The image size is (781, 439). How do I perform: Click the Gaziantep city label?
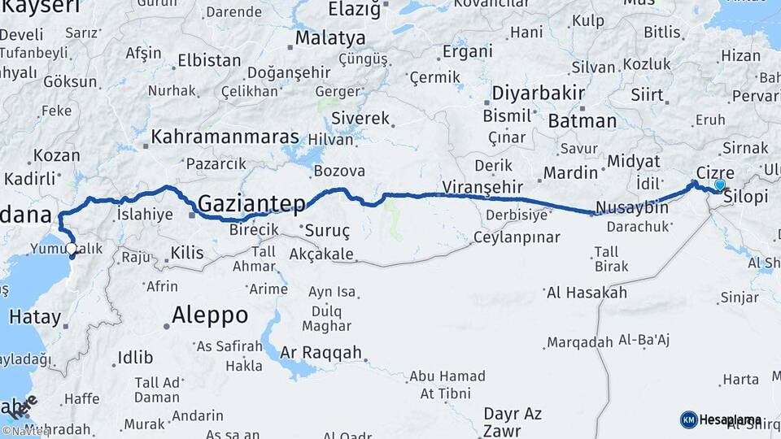coord(252,202)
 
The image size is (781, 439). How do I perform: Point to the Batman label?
coord(582,121)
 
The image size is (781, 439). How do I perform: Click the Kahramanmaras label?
coord(225,137)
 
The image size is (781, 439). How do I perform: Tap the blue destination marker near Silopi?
coord(719,185)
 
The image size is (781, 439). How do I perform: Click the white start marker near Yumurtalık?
coord(72,249)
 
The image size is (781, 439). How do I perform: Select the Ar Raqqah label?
coord(321,354)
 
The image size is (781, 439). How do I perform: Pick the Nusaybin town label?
coord(632,207)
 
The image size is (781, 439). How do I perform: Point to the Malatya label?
coord(330,37)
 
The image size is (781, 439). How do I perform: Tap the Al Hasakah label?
coord(587,293)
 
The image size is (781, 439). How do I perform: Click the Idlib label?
coord(135,357)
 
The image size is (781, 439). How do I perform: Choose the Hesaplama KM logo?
coord(721,419)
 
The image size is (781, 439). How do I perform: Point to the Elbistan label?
coord(209,60)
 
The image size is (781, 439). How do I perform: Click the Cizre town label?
coord(716,173)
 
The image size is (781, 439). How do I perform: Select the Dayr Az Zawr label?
coord(513,422)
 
